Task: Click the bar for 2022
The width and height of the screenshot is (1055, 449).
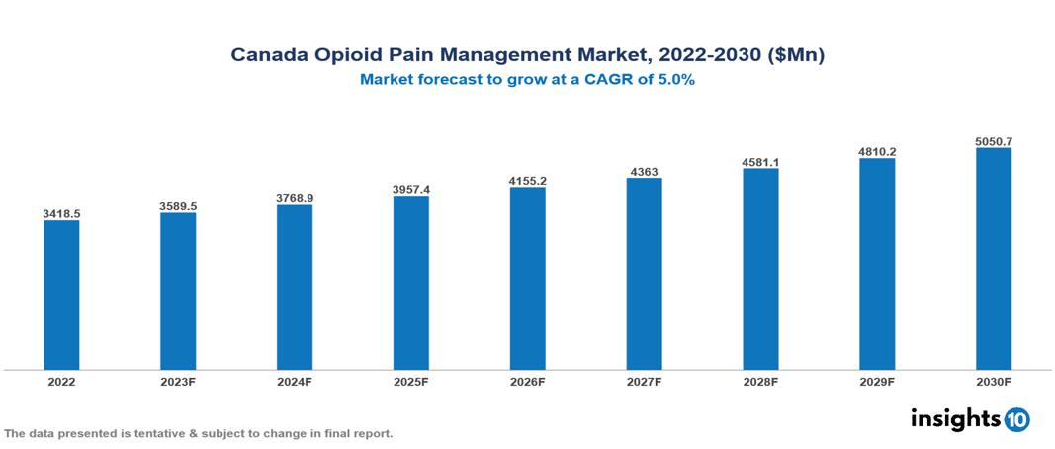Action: pos(61,295)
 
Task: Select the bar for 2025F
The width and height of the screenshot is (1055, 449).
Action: pos(410,283)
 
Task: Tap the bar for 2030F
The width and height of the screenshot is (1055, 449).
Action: pos(994,259)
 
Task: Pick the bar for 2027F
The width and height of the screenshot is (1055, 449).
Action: pos(644,274)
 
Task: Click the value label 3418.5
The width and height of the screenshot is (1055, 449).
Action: pos(61,213)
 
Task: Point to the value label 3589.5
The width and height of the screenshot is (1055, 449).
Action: pos(178,205)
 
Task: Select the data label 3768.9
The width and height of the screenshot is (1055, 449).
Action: pos(295,198)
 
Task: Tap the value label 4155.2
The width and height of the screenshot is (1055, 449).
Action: pos(527,181)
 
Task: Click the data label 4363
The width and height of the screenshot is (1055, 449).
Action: pos(644,172)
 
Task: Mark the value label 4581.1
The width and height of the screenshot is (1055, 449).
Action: pos(760,162)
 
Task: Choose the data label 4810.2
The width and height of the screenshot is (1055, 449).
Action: pos(877,152)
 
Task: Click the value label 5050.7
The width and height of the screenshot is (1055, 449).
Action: pos(994,141)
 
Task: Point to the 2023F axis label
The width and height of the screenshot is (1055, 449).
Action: pos(178,381)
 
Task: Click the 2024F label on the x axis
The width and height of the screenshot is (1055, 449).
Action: pos(295,381)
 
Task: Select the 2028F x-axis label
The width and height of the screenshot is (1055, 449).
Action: pos(760,381)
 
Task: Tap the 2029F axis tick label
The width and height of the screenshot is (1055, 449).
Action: pos(877,381)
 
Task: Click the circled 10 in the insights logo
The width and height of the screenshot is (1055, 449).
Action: pos(1017,419)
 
